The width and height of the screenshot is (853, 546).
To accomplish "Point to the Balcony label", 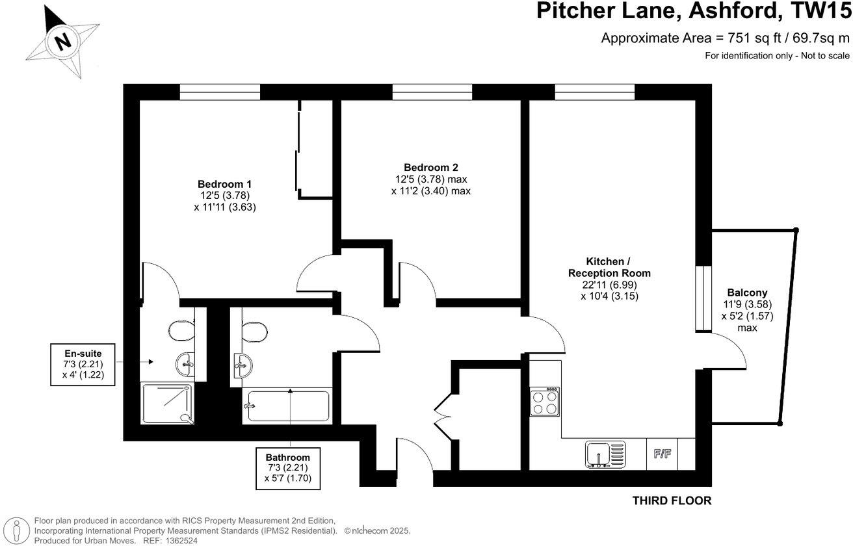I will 747,293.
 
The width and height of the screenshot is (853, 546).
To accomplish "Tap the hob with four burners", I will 545,402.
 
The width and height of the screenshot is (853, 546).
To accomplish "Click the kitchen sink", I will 604,454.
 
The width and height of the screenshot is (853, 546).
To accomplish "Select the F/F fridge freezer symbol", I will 663,454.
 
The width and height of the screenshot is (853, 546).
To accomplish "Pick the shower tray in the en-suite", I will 167,403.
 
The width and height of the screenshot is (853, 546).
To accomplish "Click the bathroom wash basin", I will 242,365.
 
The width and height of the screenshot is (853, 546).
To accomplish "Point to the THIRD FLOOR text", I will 672,500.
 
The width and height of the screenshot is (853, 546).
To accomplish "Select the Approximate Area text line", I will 725,38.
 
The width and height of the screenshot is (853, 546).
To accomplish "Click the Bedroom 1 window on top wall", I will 220,92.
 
